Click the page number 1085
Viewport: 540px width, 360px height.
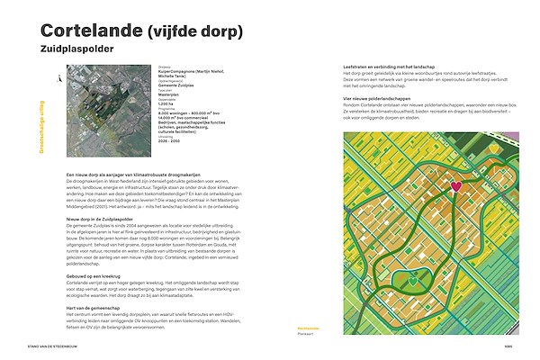508,346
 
